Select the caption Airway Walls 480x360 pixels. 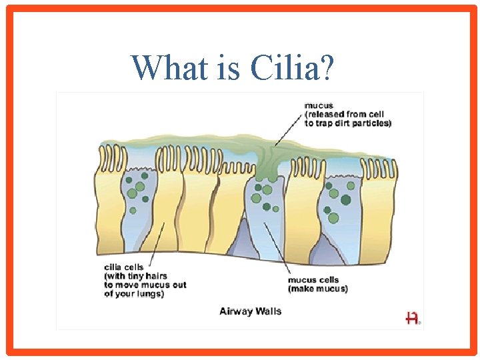point(251,311)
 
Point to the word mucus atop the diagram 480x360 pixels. point(319,105)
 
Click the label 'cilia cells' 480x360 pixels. point(125,267)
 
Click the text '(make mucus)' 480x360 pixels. point(317,289)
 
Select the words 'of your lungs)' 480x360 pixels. point(134,294)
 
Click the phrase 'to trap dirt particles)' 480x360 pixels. point(347,123)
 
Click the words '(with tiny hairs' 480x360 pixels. point(135,276)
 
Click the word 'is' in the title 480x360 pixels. point(229,67)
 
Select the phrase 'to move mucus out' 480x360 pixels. point(145,285)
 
